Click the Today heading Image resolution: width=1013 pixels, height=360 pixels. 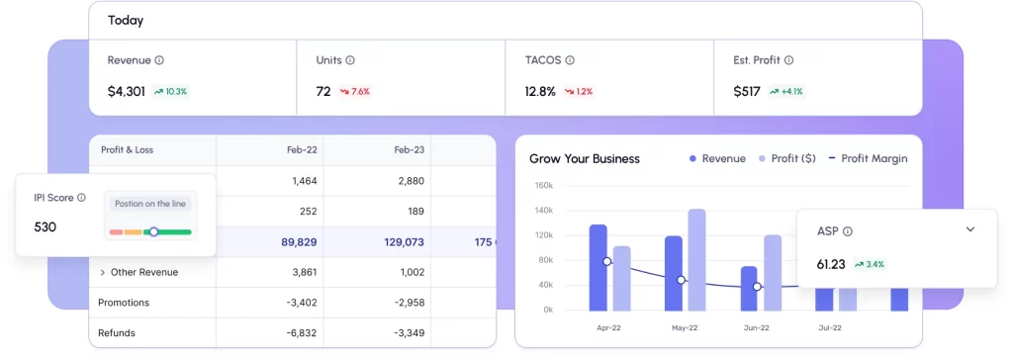[125, 20]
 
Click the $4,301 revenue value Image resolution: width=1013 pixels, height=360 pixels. [126, 91]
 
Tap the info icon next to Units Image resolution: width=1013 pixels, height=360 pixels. [350, 60]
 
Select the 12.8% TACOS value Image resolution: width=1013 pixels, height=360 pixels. [540, 91]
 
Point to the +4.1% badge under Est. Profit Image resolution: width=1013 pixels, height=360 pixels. [786, 91]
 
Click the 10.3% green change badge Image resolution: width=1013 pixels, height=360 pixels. [170, 91]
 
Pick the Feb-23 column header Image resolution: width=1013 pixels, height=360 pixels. [409, 150]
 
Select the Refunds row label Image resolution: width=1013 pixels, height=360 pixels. [117, 332]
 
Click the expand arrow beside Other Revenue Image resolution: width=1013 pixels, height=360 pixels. [103, 272]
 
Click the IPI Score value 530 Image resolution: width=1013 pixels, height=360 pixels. [45, 226]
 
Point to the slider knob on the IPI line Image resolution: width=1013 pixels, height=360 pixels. [153, 231]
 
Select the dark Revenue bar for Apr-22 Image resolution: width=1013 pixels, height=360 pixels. [598, 267]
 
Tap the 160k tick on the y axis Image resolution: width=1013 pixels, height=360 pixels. [542, 185]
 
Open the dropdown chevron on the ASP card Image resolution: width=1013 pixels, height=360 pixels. [969, 229]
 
